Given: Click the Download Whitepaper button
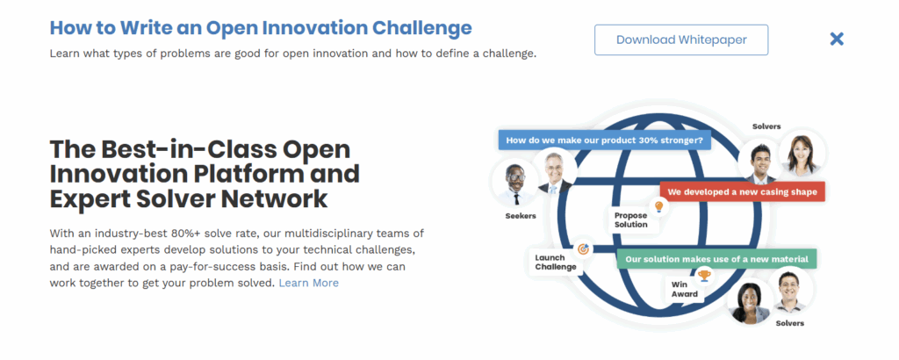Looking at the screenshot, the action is [681, 40].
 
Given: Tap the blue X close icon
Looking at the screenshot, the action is [837, 39].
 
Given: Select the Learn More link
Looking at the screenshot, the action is [308, 283].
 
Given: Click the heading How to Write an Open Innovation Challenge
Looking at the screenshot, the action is [261, 27].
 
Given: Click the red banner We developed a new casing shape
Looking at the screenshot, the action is [742, 192].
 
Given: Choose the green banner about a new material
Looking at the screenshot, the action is [716, 259].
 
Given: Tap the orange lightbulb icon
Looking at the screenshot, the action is [658, 205].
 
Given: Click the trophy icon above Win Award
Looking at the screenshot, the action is [704, 276].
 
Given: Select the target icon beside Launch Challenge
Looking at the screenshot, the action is [583, 248].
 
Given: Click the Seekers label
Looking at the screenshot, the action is [521, 215].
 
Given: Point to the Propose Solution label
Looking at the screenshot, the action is [630, 220].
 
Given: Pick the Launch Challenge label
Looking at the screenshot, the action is [556, 262].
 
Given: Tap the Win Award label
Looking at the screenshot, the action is [685, 290].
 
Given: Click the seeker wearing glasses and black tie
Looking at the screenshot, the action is [515, 183].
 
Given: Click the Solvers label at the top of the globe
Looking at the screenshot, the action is [766, 126].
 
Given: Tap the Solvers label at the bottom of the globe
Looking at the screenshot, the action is [789, 323].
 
